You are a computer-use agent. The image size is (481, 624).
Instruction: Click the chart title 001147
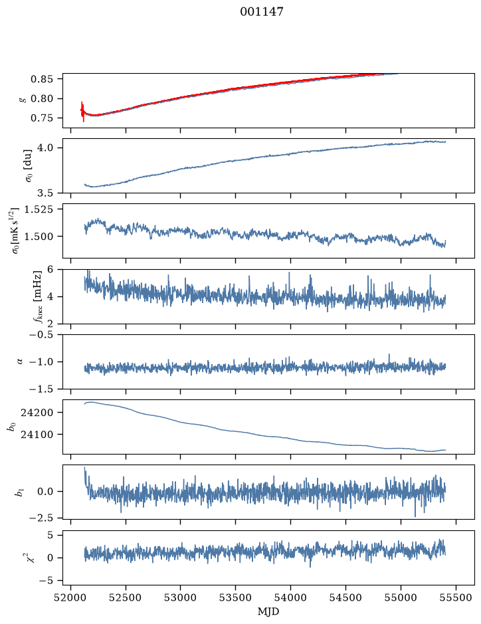point(262,12)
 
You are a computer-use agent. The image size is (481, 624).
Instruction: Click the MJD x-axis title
point(268,611)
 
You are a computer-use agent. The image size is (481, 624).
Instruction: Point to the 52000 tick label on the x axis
point(70,597)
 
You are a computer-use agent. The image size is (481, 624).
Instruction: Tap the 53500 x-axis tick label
point(236,597)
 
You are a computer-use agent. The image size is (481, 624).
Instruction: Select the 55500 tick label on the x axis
point(456,597)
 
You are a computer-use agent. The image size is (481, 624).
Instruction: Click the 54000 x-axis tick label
point(290,597)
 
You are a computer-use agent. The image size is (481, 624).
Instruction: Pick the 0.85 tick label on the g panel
point(42,79)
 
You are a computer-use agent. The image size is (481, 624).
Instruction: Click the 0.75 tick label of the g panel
point(42,118)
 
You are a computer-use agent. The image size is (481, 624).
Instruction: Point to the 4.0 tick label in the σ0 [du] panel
point(45,148)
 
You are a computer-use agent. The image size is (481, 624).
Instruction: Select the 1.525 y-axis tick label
point(39,209)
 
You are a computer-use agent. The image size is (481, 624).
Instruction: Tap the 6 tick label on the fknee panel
point(50,269)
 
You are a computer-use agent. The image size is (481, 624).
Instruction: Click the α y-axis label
point(21,362)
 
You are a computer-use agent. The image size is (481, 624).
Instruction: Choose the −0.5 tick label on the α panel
point(41,334)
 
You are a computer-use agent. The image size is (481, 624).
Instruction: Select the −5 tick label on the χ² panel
point(46,581)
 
